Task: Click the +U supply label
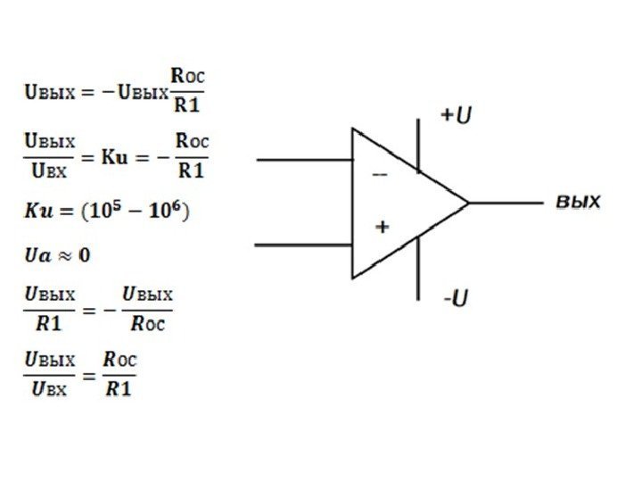456,117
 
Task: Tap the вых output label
579,201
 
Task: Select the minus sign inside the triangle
379,176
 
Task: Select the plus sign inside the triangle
382,228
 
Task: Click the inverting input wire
303,160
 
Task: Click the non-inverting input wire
303,243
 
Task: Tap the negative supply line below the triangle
418,268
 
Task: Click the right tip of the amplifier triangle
468,203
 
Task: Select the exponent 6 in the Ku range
177,205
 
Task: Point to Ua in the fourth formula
35,255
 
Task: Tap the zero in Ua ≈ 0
85,255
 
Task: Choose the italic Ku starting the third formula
37,212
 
